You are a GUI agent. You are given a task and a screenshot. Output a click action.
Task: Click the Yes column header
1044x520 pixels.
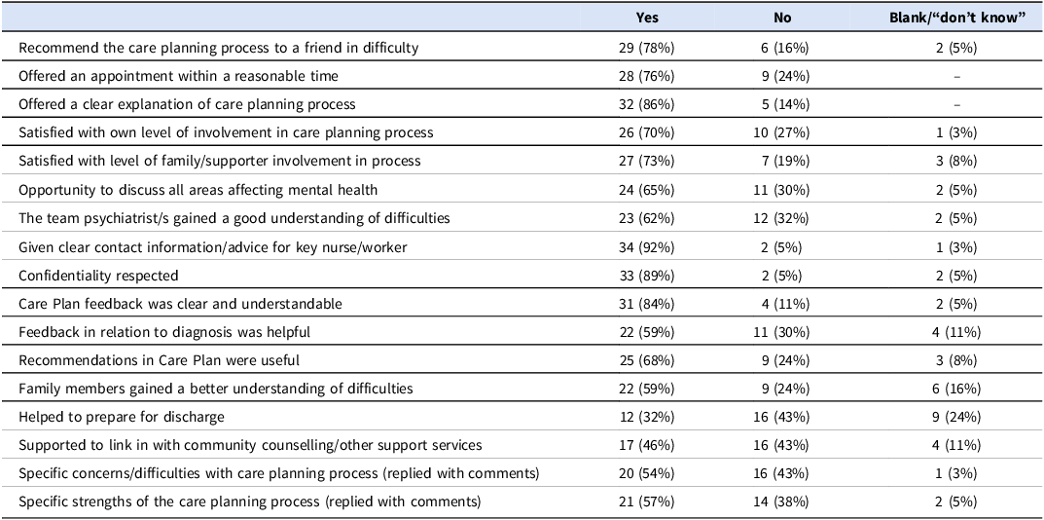pyautogui.click(x=647, y=18)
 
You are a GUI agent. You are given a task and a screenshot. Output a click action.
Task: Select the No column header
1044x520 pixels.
pyautogui.click(x=782, y=18)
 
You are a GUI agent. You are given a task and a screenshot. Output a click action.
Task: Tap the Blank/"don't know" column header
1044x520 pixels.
pyautogui.click(x=956, y=18)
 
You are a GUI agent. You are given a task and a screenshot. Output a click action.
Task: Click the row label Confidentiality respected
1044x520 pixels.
pyautogui.click(x=98, y=276)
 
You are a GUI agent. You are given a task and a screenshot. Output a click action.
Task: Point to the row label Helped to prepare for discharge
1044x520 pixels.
pyautogui.click(x=122, y=417)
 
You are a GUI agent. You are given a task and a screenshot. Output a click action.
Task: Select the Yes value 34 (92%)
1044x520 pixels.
pyautogui.click(x=646, y=247)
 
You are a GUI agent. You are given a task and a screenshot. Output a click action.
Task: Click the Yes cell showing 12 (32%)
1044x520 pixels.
pyautogui.click(x=646, y=417)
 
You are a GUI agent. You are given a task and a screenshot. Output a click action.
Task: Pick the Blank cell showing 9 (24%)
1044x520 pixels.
pyautogui.click(x=956, y=417)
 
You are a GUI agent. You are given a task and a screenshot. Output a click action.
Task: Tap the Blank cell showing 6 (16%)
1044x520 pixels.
pyautogui.click(x=956, y=389)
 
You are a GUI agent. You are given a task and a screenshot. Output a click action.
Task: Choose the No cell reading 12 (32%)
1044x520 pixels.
pyautogui.click(x=782, y=219)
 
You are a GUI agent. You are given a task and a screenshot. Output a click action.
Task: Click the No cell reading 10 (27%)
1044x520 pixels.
pyautogui.click(x=782, y=132)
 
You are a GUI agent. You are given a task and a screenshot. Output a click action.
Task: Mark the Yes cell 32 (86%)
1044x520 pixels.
pyautogui.click(x=646, y=104)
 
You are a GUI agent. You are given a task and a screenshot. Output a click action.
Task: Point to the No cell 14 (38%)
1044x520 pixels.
pyautogui.click(x=782, y=501)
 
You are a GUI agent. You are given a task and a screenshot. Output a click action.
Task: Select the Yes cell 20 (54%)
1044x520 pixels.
pyautogui.click(x=646, y=473)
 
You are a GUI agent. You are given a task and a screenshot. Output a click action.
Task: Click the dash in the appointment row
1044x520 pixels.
pyautogui.click(x=956, y=77)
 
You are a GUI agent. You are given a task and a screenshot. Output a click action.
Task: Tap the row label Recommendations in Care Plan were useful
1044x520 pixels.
pyautogui.click(x=160, y=360)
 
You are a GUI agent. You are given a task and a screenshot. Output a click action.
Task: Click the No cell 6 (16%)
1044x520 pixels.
pyautogui.click(x=782, y=48)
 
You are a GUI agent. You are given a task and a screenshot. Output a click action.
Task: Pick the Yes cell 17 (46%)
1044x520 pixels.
pyautogui.click(x=646, y=445)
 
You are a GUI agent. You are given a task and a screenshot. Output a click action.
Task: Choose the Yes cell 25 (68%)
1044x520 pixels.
pyautogui.click(x=646, y=360)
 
